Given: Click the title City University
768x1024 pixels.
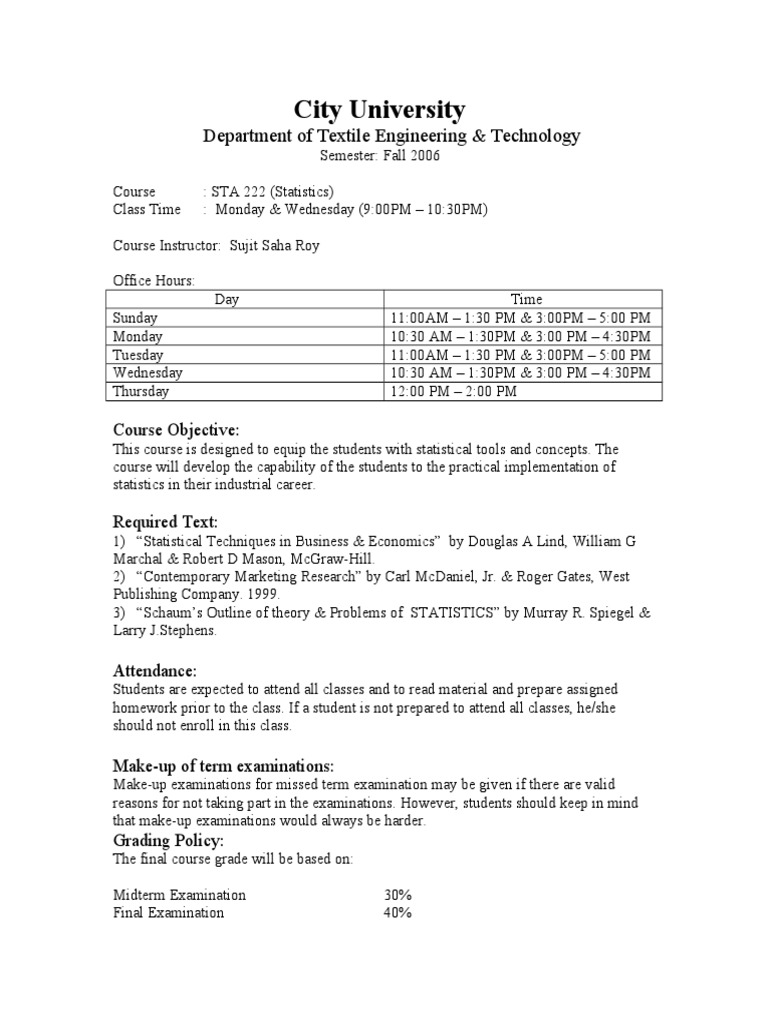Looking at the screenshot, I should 379,109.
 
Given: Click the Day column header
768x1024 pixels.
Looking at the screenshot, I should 247,299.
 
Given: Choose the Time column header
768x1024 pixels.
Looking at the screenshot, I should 526,299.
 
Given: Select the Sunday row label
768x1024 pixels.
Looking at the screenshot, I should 136,318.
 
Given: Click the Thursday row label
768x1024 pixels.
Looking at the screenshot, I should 140,391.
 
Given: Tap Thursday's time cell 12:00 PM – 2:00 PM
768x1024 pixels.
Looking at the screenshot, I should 454,391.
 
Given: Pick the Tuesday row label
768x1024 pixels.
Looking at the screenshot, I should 138,355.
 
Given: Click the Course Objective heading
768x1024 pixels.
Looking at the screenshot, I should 175,430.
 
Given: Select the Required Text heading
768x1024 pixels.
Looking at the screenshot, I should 165,522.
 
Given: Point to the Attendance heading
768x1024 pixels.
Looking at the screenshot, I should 155,669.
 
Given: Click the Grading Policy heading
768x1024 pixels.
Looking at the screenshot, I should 168,841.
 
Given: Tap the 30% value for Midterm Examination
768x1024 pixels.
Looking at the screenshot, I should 398,895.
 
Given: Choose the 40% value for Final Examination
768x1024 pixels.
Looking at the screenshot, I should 398,913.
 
